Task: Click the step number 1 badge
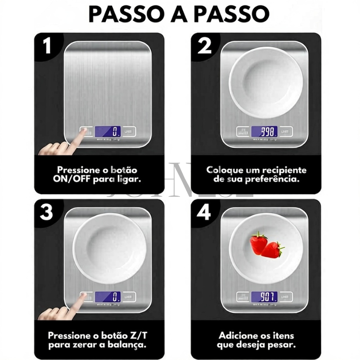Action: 47,46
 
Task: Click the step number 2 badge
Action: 204,46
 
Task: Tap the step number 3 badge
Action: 47,212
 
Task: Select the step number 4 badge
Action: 204,212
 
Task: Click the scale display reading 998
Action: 264,131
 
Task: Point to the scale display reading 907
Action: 264,297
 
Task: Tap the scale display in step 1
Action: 107,131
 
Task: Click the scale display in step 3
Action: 107,297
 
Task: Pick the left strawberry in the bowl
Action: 259,243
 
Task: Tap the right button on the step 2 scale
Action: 285,131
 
